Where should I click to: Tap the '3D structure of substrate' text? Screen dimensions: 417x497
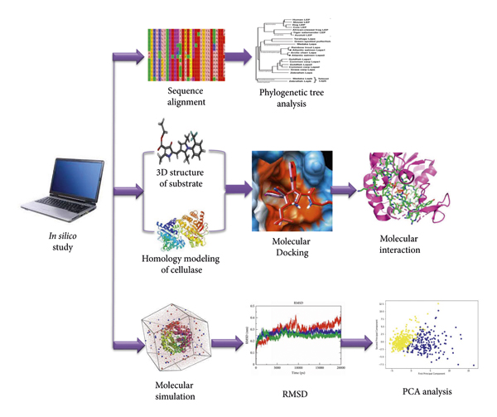click(184, 177)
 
